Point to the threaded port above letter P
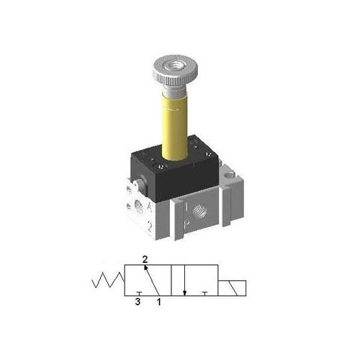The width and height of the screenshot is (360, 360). pyautogui.click(x=199, y=212)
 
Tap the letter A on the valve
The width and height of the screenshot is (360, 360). pyautogui.click(x=148, y=209)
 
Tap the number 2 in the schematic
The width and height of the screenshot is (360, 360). pyautogui.click(x=145, y=259)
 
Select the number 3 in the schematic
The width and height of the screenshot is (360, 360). pyautogui.click(x=137, y=303)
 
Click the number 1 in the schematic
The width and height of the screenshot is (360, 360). pyautogui.click(x=159, y=303)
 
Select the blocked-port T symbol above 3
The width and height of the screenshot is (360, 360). pyautogui.click(x=137, y=292)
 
